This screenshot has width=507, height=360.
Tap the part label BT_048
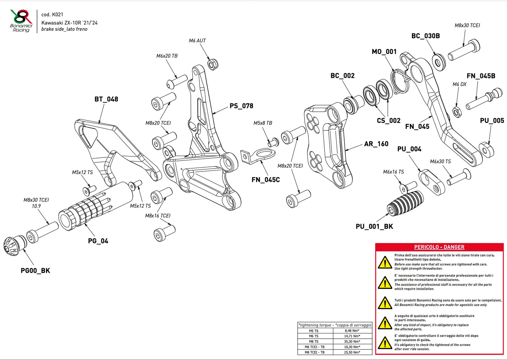pos(106,99)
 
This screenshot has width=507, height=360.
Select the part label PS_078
pos(241,106)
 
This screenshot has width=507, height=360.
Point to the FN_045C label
pos(266,180)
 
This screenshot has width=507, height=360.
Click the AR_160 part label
pos(376,144)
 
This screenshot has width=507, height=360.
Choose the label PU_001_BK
pos(374,226)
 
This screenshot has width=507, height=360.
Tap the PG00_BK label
pos(35,271)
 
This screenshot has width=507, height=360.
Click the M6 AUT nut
pos(213,64)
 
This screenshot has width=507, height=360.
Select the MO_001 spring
pos(400,81)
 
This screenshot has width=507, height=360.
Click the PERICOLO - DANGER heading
pos(439,247)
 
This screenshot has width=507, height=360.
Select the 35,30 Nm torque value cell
pos(352,341)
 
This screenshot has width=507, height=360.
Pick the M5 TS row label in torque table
pos(314,331)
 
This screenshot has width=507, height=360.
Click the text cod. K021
pos(52,14)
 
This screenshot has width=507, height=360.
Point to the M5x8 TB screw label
pos(262,123)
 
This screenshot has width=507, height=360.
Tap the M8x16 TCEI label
pos(158,216)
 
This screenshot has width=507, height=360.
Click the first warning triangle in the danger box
pos(385,263)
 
